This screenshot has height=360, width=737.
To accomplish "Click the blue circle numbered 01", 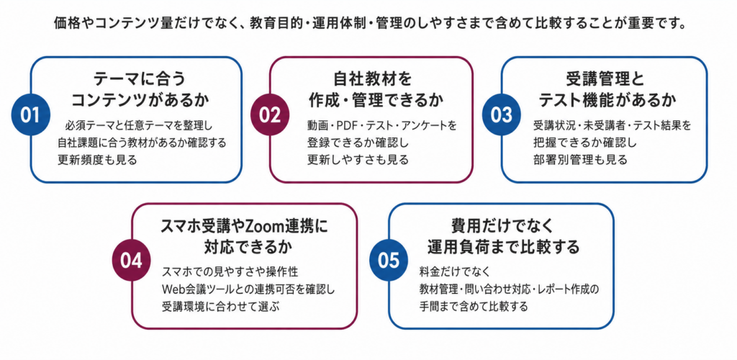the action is [31, 115].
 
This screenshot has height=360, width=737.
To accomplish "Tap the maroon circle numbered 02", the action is [270, 115].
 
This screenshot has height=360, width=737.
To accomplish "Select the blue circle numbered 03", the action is [502, 115].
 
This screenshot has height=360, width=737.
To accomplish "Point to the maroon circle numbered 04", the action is [132, 262].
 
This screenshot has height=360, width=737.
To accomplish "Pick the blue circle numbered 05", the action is [389, 261].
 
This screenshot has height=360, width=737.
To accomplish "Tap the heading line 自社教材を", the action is [372, 78].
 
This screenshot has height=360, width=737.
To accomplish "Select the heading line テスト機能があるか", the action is [607, 100].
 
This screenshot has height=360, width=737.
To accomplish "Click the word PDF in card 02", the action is [348, 126].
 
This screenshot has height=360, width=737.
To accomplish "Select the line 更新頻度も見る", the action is [97, 159].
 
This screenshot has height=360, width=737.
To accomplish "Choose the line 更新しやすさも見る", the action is [358, 159].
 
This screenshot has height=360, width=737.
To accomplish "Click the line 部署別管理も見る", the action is [580, 159].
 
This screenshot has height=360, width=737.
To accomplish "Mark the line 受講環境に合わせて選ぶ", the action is [220, 306].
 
